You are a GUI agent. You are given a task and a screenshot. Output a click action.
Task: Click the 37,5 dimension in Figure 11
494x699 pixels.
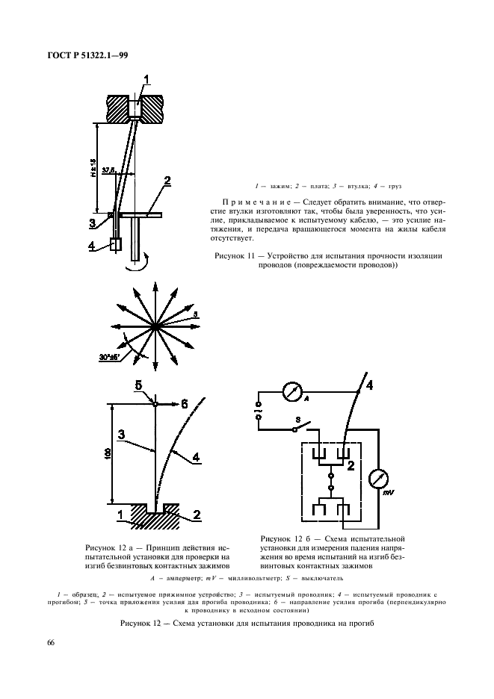point(108,171)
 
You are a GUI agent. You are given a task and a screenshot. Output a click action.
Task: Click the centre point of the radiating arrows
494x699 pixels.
point(155,327)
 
